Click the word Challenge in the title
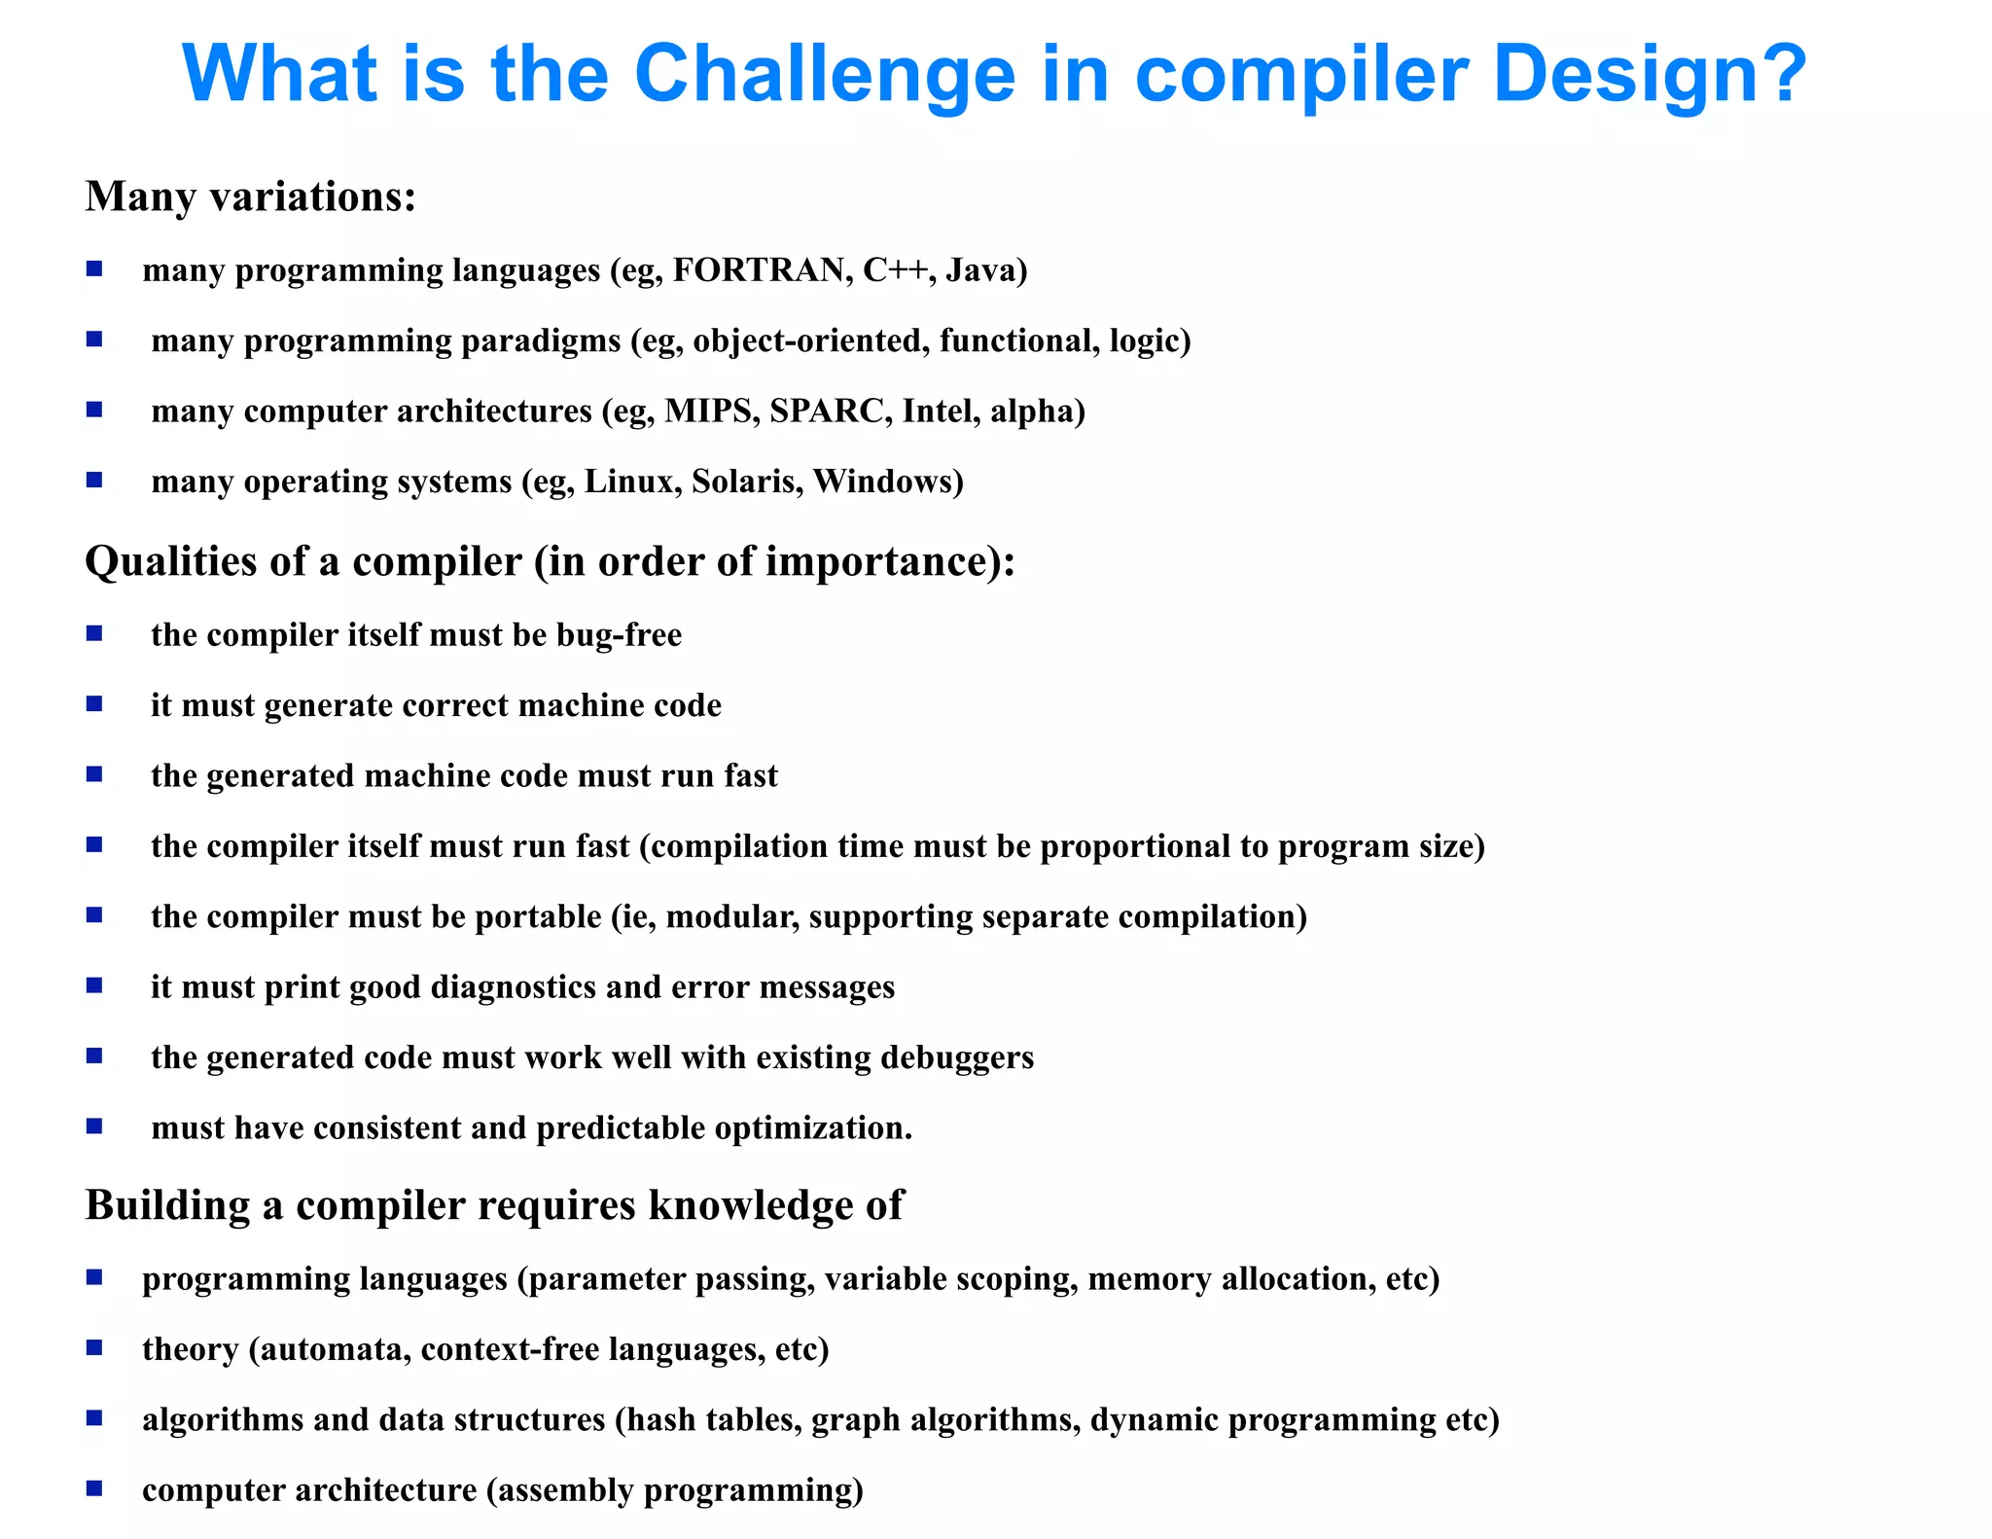[825, 74]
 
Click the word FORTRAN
[758, 269]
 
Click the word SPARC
[826, 411]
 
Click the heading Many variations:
[251, 197]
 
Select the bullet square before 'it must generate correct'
[94, 704]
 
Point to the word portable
[538, 916]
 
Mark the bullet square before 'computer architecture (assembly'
[94, 1488]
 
